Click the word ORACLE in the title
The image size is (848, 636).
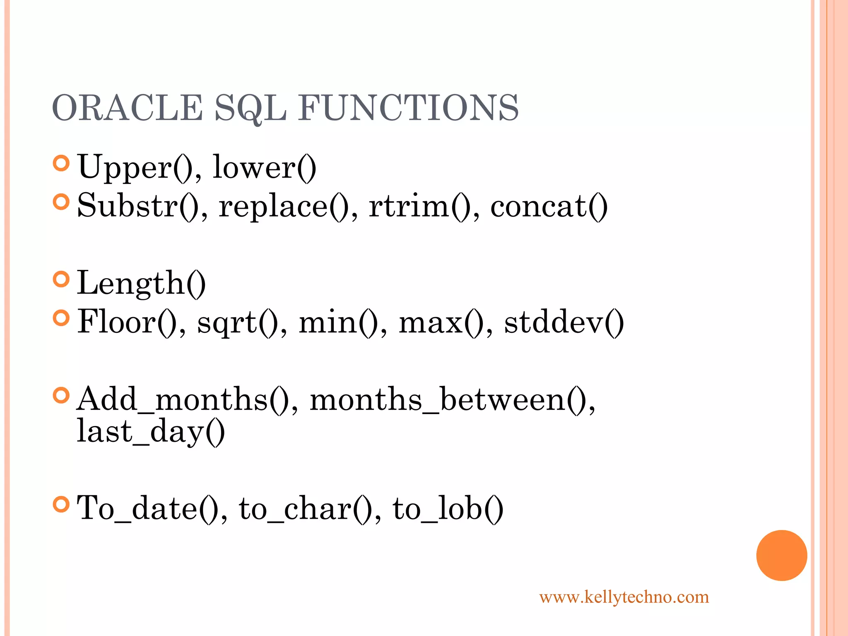click(127, 108)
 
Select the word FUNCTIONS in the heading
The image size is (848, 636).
click(408, 108)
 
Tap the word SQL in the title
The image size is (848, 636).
click(251, 108)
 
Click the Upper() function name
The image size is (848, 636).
click(135, 167)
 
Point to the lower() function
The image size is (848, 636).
click(264, 167)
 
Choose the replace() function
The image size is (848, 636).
click(284, 206)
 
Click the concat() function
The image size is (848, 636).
click(549, 206)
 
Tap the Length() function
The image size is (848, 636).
click(141, 283)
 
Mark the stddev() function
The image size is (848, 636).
click(564, 322)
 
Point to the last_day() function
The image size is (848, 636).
click(151, 431)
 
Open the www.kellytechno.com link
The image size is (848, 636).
click(624, 597)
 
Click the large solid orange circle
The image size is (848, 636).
click(781, 555)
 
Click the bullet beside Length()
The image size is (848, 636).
click(61, 279)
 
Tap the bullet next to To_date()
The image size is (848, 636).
click(61, 504)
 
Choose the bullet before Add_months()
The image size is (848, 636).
click(61, 395)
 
